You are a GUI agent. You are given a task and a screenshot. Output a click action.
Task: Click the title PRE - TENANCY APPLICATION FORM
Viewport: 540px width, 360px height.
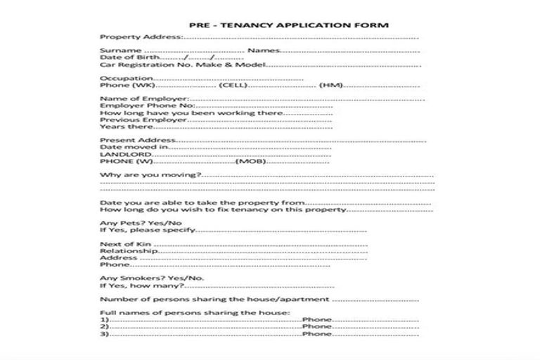(x=289, y=25)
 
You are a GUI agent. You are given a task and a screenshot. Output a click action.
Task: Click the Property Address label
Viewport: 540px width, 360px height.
(x=141, y=37)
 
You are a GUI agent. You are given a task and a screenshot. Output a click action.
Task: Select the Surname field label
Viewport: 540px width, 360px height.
(x=121, y=51)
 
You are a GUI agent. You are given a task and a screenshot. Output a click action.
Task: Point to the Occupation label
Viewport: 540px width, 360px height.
(x=127, y=78)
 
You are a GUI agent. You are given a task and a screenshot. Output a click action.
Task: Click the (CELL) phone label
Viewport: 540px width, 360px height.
(x=232, y=85)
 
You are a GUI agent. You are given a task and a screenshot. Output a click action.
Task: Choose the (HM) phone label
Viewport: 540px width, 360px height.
(x=330, y=85)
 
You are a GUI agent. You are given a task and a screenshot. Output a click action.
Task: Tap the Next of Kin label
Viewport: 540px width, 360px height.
(x=126, y=244)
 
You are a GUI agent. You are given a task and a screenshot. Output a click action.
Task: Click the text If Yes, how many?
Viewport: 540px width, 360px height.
(x=142, y=285)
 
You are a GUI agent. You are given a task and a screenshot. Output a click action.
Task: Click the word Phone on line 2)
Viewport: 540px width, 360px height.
(x=316, y=326)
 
